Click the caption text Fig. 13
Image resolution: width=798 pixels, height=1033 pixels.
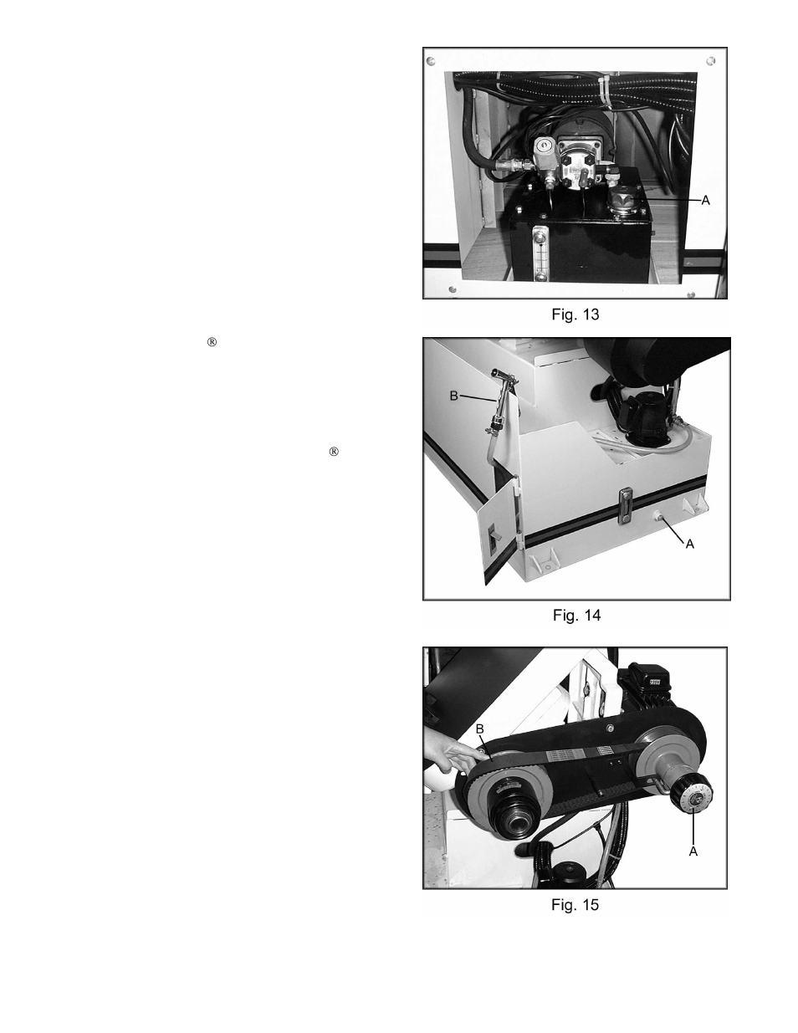coord(575,315)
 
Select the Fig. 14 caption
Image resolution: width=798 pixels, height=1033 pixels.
coord(576,616)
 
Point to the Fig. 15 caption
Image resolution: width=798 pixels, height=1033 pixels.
coord(575,905)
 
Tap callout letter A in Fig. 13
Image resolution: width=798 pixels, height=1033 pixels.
coord(706,201)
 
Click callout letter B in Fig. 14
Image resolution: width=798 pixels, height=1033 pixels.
coord(454,396)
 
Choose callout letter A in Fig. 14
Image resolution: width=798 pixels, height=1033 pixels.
coord(690,545)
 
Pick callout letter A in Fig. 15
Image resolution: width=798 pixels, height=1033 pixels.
coord(693,851)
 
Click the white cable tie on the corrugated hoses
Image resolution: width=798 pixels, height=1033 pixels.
coord(607,89)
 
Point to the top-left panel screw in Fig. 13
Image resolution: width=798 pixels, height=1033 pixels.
coord(431,61)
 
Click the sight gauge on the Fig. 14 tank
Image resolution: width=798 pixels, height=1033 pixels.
coord(625,507)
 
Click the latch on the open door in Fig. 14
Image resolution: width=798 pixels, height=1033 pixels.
coord(494,537)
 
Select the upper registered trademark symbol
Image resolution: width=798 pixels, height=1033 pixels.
coord(212,342)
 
